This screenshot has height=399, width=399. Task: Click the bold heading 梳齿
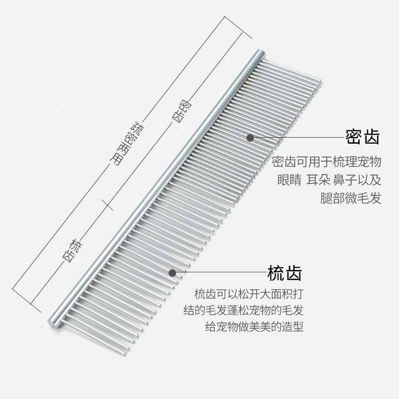point(285,273)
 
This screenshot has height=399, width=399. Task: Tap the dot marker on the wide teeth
point(172,273)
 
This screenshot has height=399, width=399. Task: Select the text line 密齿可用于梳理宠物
point(327,163)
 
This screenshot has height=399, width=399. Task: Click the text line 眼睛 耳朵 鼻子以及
point(329,181)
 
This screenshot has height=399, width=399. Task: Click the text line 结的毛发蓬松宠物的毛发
point(243,310)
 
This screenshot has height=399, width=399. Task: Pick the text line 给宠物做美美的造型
point(255,328)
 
